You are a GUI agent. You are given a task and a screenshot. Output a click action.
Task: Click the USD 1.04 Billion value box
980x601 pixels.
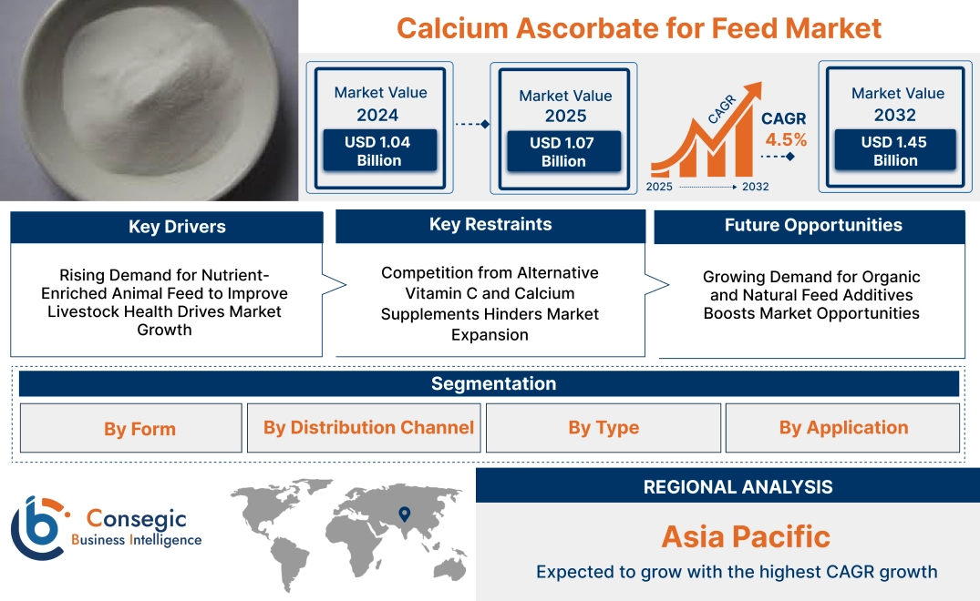pos(377,151)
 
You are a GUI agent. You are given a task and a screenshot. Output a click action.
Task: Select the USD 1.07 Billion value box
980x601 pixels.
pos(563,152)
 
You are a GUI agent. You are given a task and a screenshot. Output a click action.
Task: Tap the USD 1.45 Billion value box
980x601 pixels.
pos(895,151)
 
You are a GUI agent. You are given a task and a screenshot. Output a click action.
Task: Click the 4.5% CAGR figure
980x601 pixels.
pos(785,140)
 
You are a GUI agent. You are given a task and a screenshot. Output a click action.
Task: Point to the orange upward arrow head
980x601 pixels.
pos(754,90)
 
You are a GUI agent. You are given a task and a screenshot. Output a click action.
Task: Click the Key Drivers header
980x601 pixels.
pos(177,227)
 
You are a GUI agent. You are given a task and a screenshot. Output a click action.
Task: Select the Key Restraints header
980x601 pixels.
pos(490,224)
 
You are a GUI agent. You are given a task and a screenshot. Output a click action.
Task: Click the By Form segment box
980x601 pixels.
pos(139,429)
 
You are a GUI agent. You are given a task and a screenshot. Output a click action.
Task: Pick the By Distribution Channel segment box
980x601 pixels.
pos(368,428)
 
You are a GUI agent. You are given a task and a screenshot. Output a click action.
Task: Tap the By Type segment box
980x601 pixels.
pos(603,428)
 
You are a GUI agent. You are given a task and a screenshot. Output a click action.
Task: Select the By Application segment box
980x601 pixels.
pos(843,428)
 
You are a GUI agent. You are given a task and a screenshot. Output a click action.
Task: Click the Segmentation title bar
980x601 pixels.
pos(493,383)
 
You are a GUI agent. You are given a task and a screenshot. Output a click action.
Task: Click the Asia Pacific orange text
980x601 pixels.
pos(745,535)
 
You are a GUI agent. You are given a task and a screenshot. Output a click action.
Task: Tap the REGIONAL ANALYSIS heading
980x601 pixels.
pos(738,487)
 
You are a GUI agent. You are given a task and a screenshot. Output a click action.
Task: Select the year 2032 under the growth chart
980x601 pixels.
pos(755,187)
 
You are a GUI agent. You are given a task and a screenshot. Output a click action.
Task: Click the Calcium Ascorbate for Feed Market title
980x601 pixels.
pos(639,27)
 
